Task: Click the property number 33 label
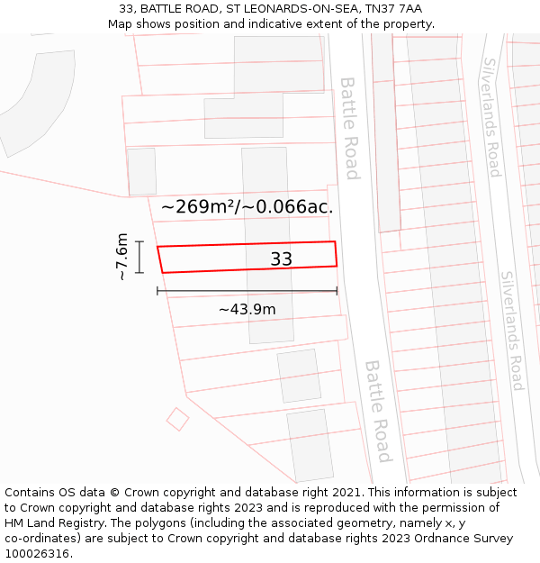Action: [281, 259]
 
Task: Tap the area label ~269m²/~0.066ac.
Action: [247, 207]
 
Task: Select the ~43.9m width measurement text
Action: [247, 309]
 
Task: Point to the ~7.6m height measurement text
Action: [122, 257]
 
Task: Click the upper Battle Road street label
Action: [350, 127]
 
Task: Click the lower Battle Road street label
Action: [378, 411]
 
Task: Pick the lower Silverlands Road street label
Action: [512, 331]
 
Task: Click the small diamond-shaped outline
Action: [177, 419]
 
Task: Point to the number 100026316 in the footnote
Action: [39, 554]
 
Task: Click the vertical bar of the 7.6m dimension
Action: [139, 257]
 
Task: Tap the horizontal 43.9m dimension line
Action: [247, 291]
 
